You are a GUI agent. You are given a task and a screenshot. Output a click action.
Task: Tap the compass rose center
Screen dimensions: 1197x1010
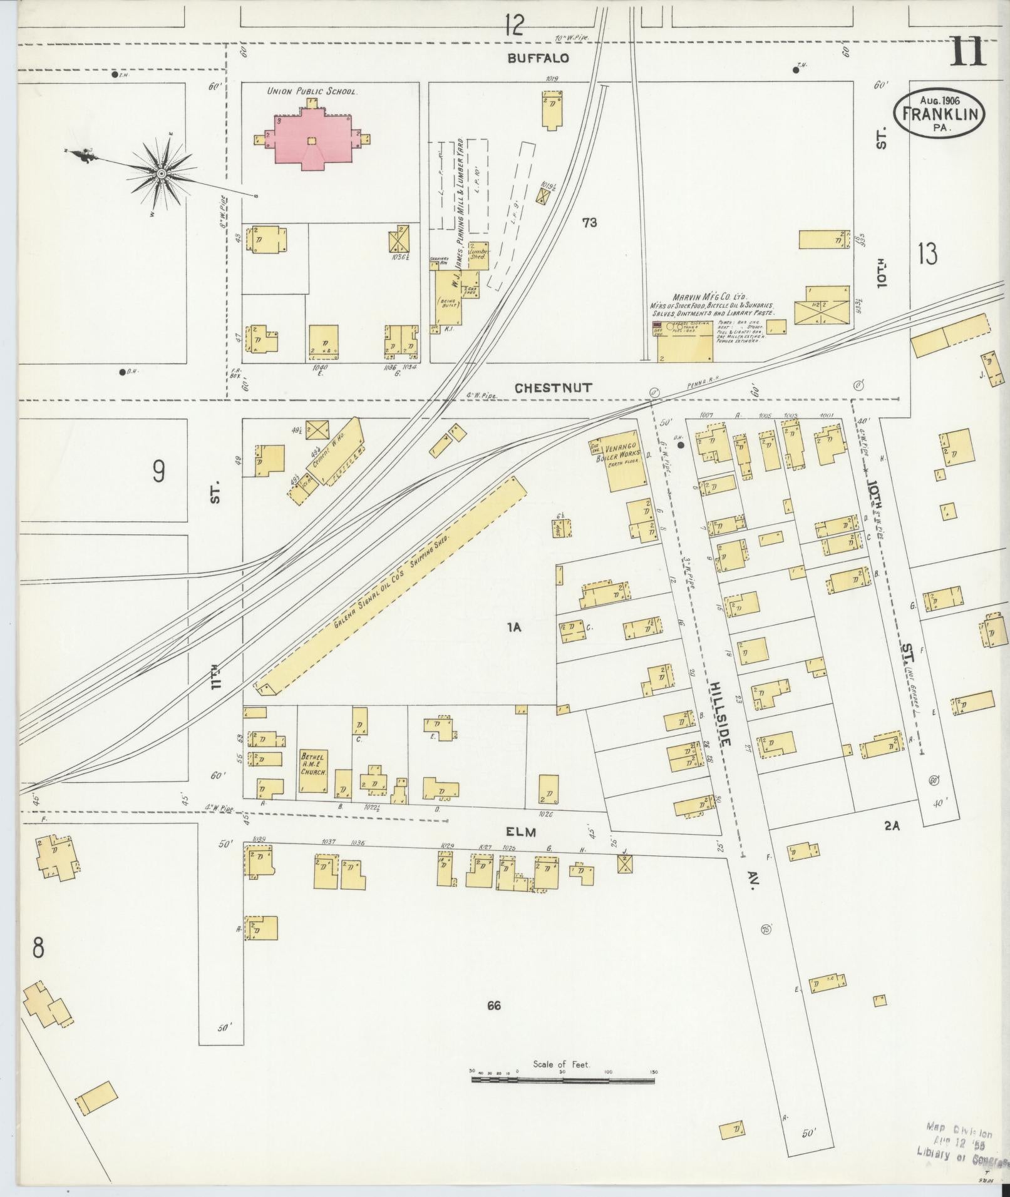click(161, 173)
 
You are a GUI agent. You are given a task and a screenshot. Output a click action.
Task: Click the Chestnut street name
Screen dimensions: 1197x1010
click(552, 388)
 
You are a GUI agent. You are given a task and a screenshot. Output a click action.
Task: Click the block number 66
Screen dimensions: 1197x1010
click(493, 1006)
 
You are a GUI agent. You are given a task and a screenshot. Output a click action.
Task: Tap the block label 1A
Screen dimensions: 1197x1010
click(515, 628)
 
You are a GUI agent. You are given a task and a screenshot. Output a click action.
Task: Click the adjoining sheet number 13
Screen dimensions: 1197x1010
click(927, 254)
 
